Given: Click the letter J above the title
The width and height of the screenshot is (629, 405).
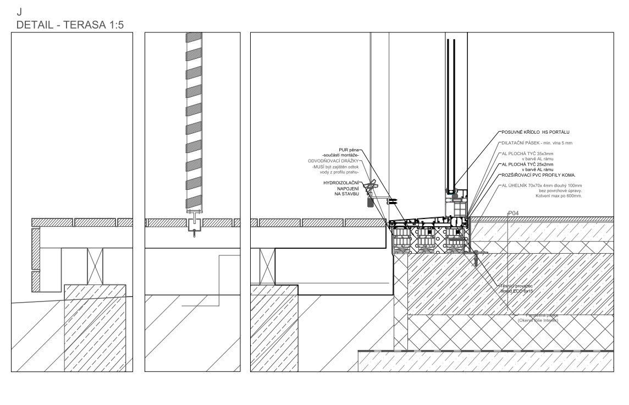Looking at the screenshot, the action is pos(19,10).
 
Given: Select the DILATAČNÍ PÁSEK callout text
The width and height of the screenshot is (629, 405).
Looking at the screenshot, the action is pos(536,143).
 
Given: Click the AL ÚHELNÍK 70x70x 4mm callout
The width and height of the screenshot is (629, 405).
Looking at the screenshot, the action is pos(541,186).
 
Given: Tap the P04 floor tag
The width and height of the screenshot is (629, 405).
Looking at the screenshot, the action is pos(514,212).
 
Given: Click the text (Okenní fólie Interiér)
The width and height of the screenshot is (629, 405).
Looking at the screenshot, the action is pos(534,320).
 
